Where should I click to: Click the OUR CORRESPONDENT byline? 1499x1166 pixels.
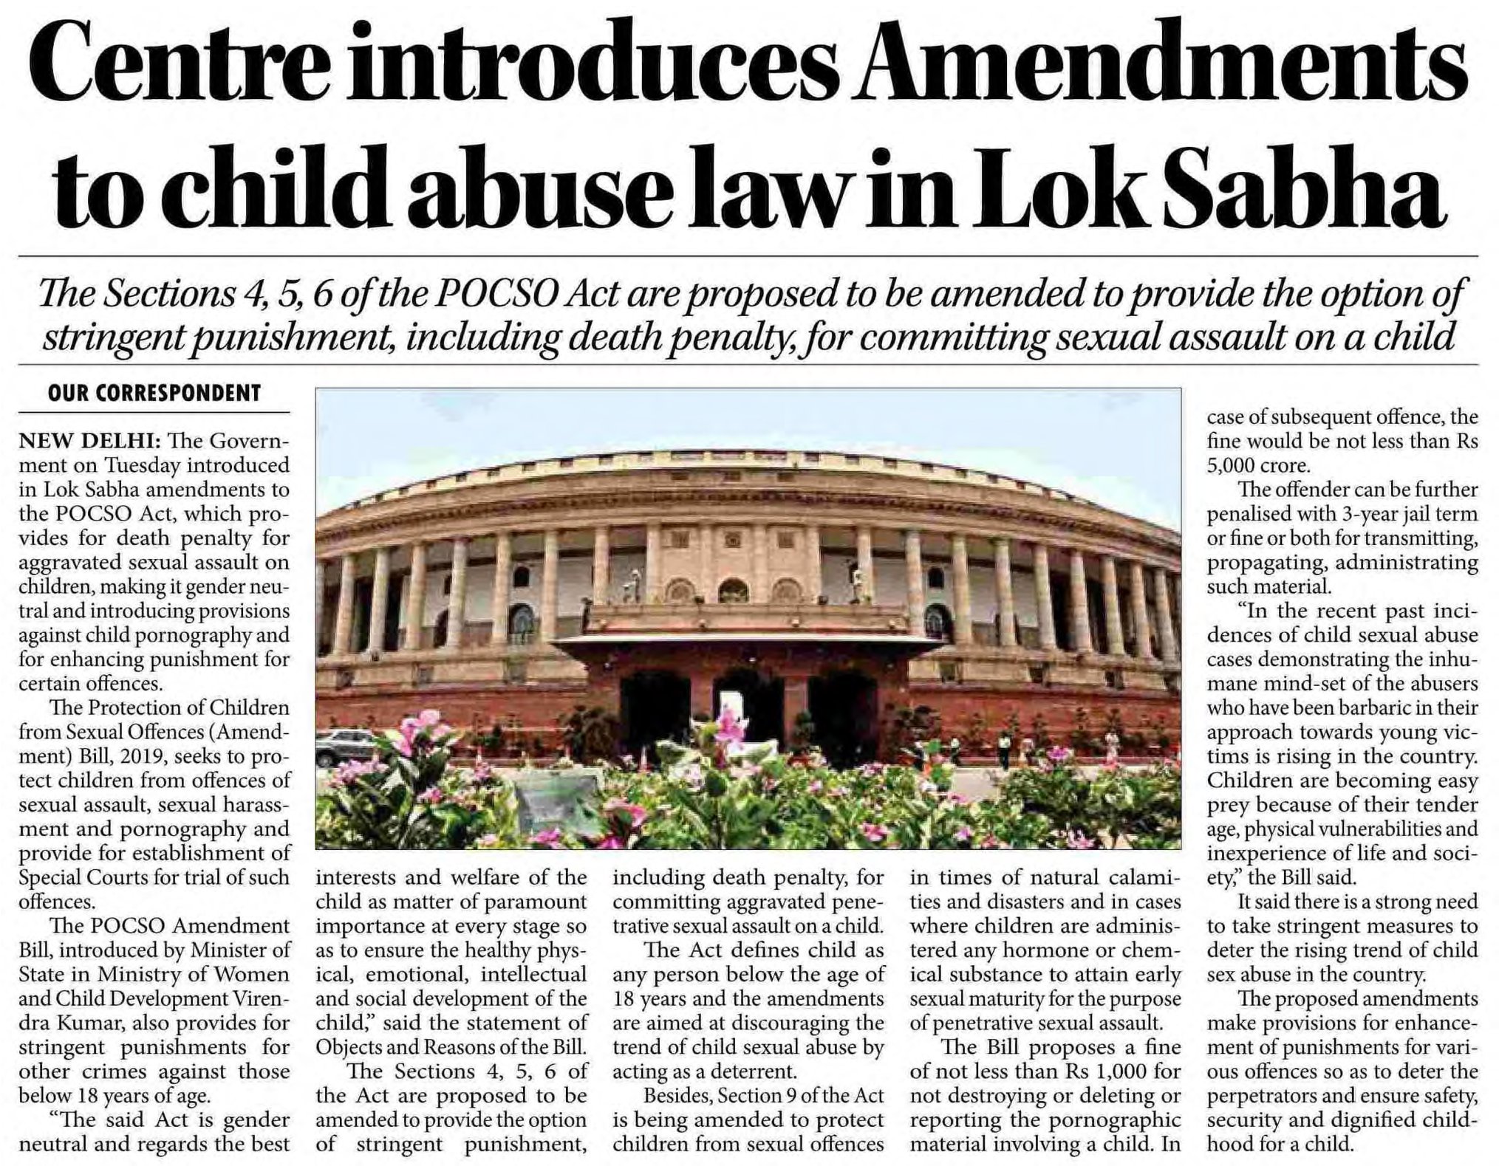tap(154, 393)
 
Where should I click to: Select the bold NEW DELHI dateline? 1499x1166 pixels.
tap(89, 441)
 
